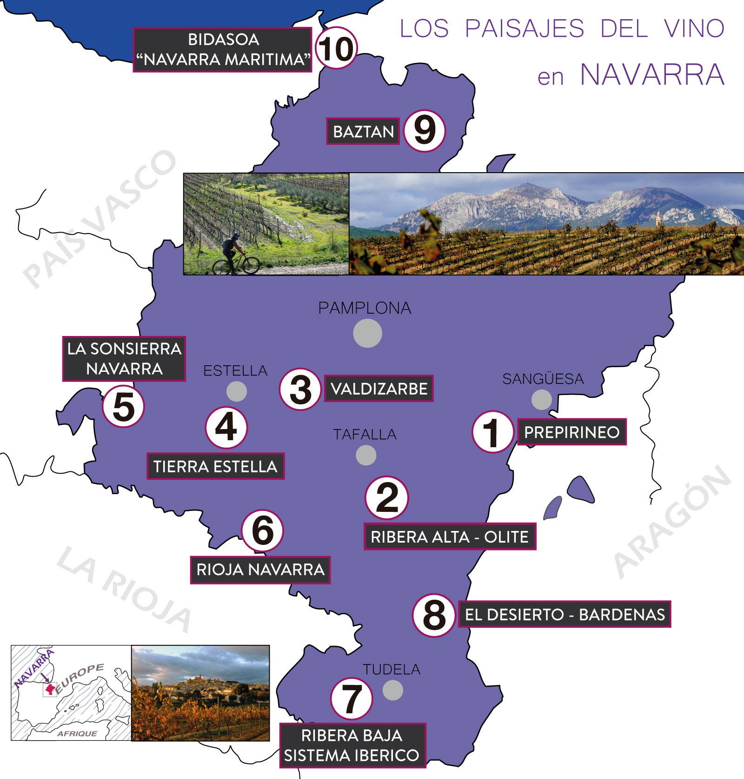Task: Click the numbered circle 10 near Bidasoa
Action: tap(336, 48)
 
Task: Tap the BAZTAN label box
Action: tap(363, 131)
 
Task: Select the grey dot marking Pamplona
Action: tap(367, 333)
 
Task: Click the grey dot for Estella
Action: tap(237, 391)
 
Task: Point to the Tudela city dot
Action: tap(393, 690)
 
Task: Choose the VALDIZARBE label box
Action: tap(379, 389)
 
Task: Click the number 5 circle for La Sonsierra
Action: tap(124, 406)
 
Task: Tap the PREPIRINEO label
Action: tap(572, 432)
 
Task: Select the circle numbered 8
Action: tap(434, 615)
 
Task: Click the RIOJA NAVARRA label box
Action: tap(260, 570)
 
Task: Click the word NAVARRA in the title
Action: tap(652, 74)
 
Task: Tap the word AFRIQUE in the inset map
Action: tap(77, 733)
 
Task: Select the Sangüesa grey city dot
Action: tap(542, 400)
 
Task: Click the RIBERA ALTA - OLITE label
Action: tap(450, 537)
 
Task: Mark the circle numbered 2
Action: tap(387, 497)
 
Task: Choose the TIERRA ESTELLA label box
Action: tap(215, 466)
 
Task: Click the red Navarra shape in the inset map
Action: tap(49, 688)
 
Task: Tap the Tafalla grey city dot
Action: tap(366, 455)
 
